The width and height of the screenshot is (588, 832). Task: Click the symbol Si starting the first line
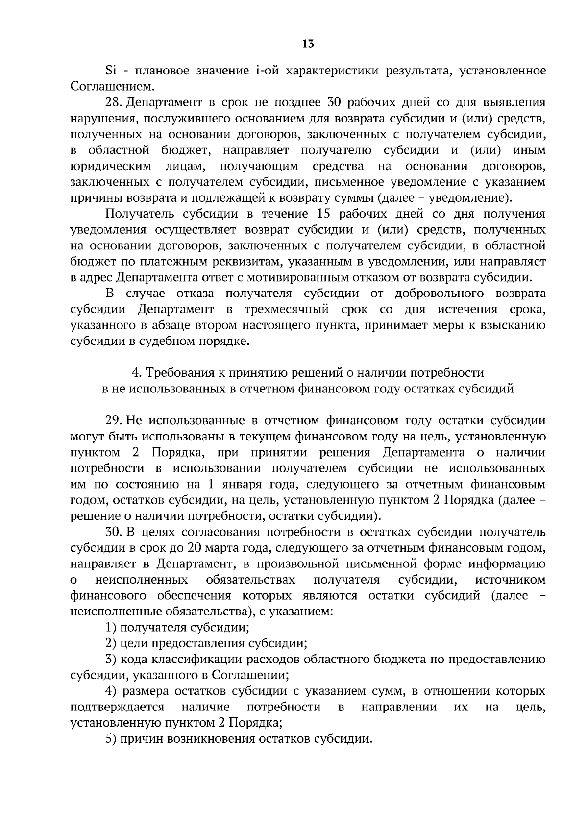(110, 71)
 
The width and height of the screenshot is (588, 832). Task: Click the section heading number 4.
(136, 373)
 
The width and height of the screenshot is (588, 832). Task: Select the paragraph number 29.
(113, 421)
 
